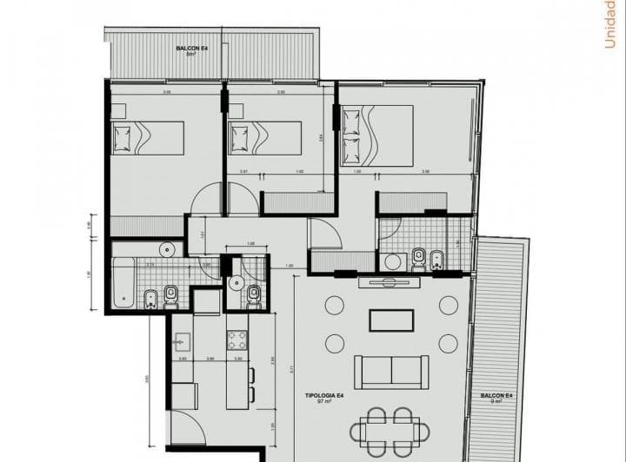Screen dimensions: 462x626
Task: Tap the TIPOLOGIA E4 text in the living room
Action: pyautogui.click(x=322, y=395)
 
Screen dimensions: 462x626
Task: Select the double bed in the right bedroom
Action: pyautogui.click(x=377, y=135)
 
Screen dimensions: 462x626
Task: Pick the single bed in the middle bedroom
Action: pyautogui.click(x=264, y=138)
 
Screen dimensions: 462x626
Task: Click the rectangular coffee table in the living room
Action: pyautogui.click(x=390, y=320)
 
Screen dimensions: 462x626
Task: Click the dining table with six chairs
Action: pyautogui.click(x=390, y=430)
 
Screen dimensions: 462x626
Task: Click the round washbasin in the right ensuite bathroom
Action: pyautogui.click(x=392, y=260)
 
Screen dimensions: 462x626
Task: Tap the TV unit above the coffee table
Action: pyautogui.click(x=390, y=281)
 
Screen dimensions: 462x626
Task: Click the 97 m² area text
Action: pyautogui.click(x=322, y=403)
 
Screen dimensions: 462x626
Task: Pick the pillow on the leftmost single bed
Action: pyautogui.click(x=122, y=138)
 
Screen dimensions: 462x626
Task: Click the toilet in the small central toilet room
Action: pyautogui.click(x=254, y=295)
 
